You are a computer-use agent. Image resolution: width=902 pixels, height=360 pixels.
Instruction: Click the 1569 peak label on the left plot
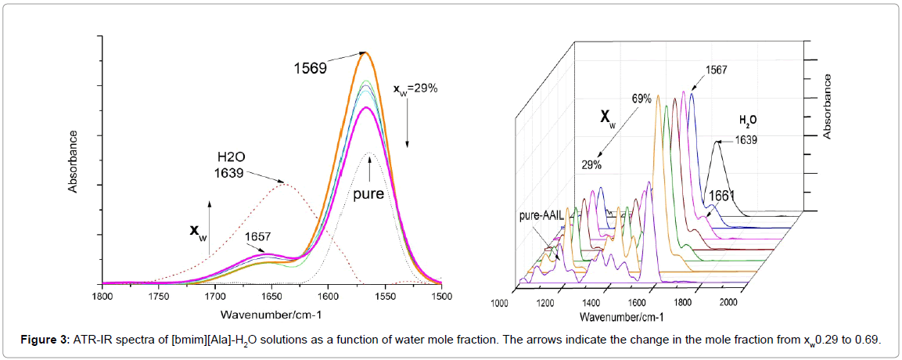point(310,67)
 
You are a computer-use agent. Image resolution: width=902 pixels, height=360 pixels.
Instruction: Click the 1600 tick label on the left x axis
point(329,296)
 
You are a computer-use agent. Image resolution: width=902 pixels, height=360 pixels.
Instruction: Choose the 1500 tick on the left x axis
point(441,296)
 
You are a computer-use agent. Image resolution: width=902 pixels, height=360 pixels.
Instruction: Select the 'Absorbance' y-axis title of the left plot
point(73,161)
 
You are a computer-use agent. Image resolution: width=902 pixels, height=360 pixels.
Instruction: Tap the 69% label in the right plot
point(642,99)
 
